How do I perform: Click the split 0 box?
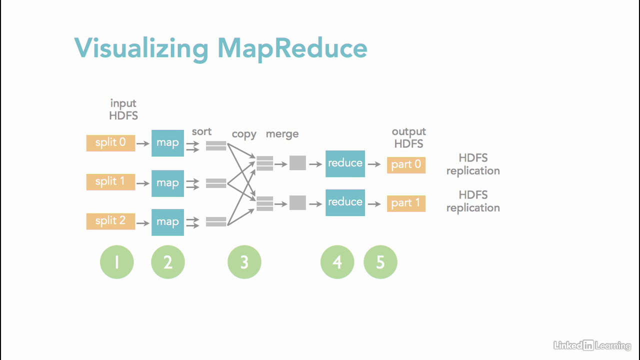coord(110,143)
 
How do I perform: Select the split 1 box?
coord(110,182)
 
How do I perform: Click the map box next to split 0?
coord(167,143)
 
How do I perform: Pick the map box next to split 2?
coord(167,222)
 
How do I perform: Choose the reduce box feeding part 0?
coord(345,163)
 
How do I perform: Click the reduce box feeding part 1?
coord(345,202)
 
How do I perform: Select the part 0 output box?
coord(406,165)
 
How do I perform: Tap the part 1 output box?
coord(406,203)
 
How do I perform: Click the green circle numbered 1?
coord(117,262)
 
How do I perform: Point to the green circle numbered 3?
coord(244,262)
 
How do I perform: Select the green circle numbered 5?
coord(380,262)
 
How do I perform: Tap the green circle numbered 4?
coord(337,262)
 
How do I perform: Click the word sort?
coord(201,132)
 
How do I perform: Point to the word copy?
coord(244,134)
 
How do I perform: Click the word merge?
coord(282,134)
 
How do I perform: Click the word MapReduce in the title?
coord(292,49)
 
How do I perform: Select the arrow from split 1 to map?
coord(143,183)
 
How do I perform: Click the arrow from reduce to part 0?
coord(374,163)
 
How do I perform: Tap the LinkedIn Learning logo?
coord(592,345)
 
